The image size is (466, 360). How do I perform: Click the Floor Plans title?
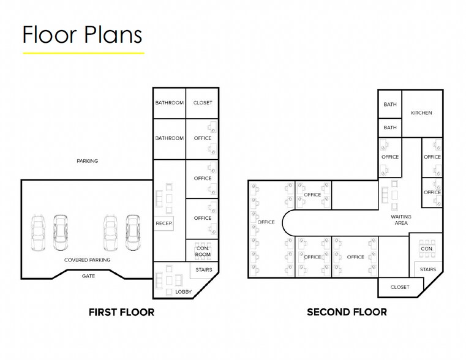(x=82, y=34)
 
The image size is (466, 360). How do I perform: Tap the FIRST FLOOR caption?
(x=122, y=312)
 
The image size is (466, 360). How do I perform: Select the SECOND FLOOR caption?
(x=347, y=312)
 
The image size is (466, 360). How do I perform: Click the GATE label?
(x=88, y=276)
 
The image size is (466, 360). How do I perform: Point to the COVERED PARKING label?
(x=88, y=260)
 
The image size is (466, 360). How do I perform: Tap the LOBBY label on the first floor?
(x=183, y=291)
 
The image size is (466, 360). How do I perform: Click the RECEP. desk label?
(x=163, y=223)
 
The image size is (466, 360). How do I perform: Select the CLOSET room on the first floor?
(x=203, y=103)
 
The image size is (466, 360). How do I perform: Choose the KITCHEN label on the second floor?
(x=421, y=113)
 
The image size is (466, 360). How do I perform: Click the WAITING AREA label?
(x=401, y=220)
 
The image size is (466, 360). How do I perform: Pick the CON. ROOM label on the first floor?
(x=203, y=251)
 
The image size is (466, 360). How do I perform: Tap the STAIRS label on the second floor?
(x=428, y=269)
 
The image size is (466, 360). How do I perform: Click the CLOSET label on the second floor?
(x=400, y=287)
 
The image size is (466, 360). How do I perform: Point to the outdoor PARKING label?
(x=88, y=161)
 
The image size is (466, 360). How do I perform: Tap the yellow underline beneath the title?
(x=83, y=53)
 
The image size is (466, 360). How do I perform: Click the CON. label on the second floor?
(x=427, y=249)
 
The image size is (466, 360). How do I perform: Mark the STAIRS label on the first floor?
(x=204, y=270)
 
